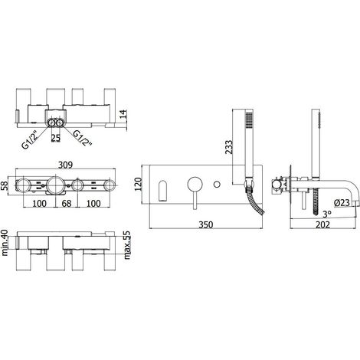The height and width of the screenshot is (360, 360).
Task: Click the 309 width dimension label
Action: point(65,165)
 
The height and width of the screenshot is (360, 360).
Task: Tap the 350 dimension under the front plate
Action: point(206,224)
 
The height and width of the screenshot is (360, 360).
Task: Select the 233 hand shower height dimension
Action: point(229,147)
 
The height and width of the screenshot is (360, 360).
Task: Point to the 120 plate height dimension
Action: point(138,184)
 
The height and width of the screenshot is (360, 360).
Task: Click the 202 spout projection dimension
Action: point(323,225)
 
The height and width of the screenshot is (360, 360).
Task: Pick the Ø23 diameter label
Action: point(342,203)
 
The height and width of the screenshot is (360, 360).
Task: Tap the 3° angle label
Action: point(327,214)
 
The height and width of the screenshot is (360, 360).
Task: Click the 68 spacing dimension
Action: point(67,204)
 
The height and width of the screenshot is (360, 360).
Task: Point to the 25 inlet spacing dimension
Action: point(56,138)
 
